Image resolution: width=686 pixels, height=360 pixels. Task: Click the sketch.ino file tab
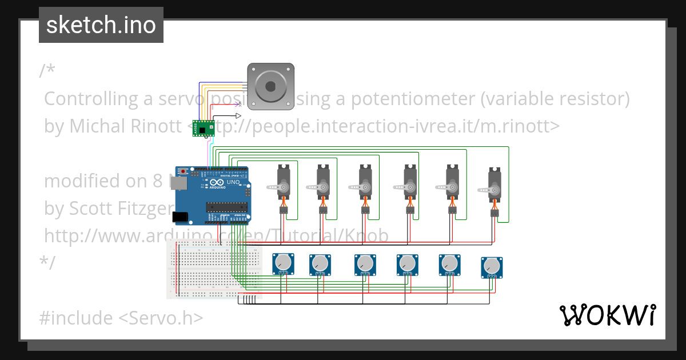101,25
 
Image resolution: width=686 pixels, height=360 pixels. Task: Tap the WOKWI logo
607,315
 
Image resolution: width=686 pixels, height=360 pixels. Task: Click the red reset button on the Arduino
183,171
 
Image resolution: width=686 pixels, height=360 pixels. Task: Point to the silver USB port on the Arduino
179,183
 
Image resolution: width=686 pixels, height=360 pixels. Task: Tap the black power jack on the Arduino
180,217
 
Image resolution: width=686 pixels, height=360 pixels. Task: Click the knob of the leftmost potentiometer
283,262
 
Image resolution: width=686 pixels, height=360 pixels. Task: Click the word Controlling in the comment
91,99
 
